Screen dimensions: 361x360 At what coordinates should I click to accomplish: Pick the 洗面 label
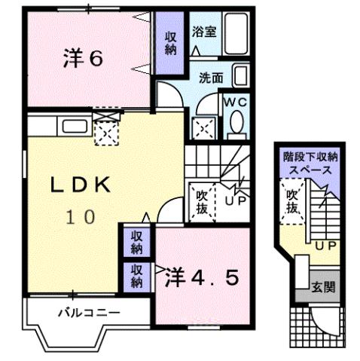[x=211, y=77]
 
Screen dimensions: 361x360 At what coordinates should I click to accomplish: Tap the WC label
[x=230, y=102]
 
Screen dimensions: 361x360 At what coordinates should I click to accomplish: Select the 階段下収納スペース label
[x=310, y=164]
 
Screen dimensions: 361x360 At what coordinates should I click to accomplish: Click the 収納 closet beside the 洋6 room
[x=170, y=44]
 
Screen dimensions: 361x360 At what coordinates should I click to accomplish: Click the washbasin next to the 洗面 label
[x=239, y=76]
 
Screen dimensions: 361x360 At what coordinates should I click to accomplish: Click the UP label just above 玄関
[x=325, y=246]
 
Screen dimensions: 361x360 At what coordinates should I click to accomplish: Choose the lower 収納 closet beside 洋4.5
[x=136, y=277]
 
